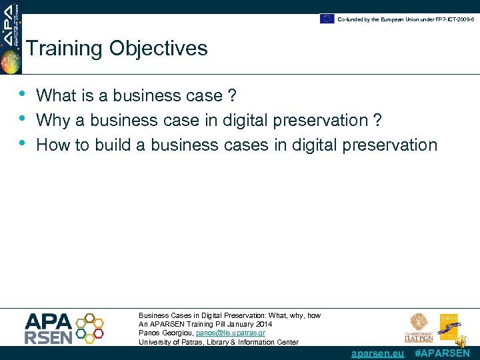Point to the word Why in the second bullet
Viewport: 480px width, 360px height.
click(52, 121)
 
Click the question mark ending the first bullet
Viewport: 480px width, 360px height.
click(231, 96)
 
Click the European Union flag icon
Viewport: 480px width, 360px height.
click(327, 19)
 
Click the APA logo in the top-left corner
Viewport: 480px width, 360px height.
click(11, 37)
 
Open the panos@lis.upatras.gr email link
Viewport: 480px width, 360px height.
click(231, 333)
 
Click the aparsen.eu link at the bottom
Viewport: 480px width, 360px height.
click(377, 353)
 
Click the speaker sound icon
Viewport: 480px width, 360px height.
click(461, 341)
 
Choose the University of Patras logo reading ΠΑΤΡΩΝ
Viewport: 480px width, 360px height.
click(419, 327)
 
